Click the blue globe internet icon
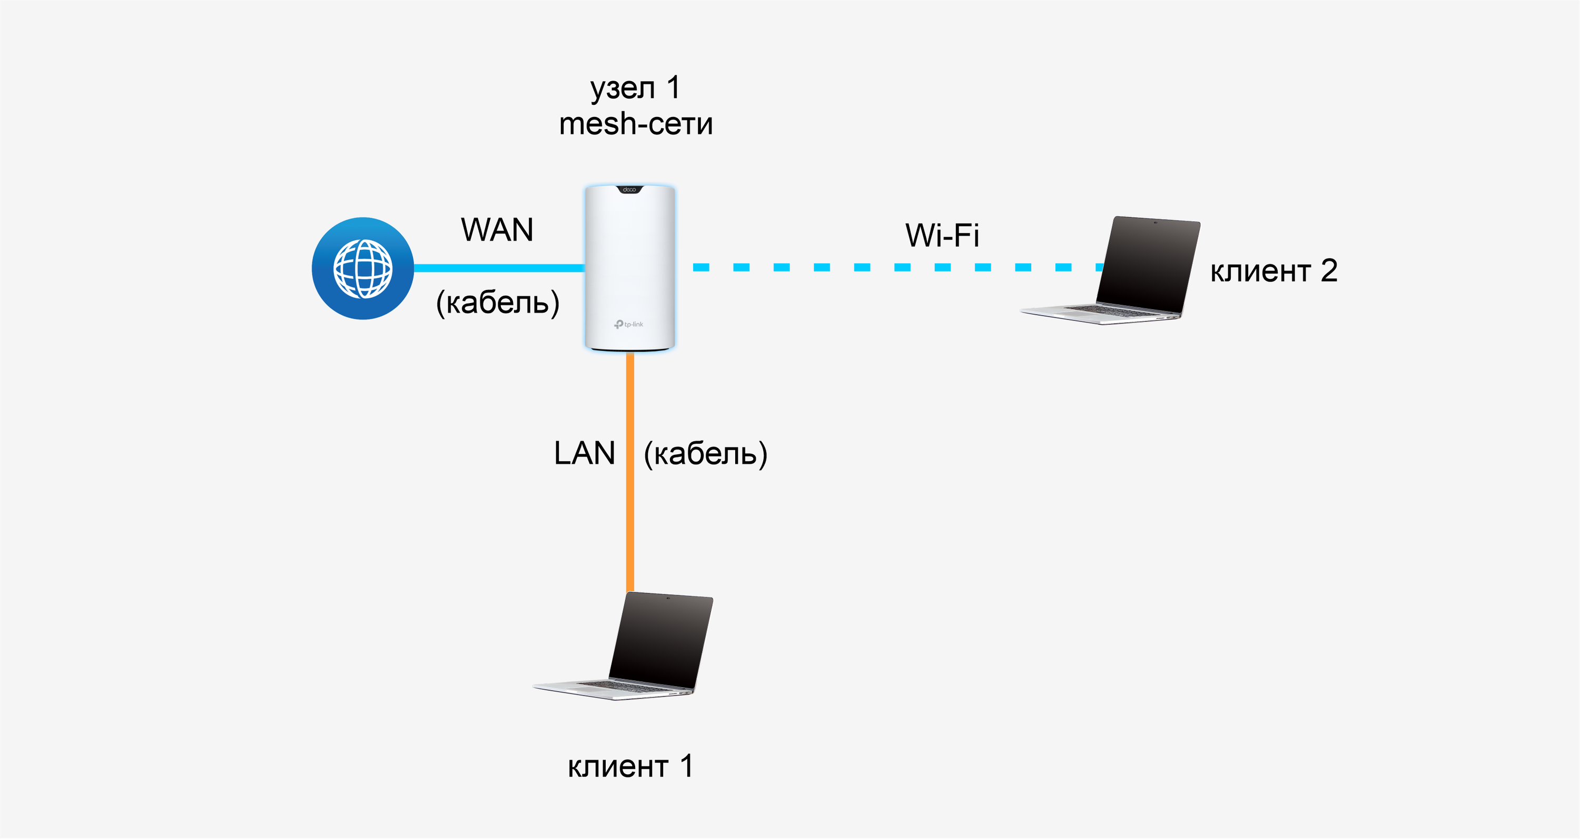[362, 268]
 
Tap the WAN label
[497, 230]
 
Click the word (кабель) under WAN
[497, 302]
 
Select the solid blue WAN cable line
[499, 268]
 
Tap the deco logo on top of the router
[629, 190]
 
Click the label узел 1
[635, 88]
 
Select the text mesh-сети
[636, 124]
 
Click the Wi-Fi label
[942, 235]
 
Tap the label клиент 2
[1273, 271]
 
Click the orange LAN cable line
[630, 473]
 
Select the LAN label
[584, 454]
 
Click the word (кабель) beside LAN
[705, 454]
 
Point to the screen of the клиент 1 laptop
[661, 640]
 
